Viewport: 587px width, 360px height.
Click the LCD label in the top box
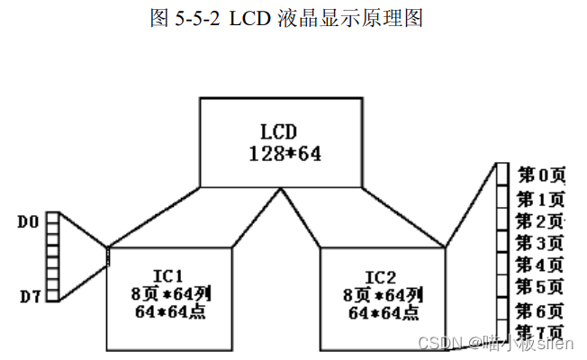284,131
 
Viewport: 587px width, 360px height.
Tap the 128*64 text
284,153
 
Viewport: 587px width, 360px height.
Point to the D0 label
28,220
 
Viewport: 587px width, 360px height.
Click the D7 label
28,294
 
